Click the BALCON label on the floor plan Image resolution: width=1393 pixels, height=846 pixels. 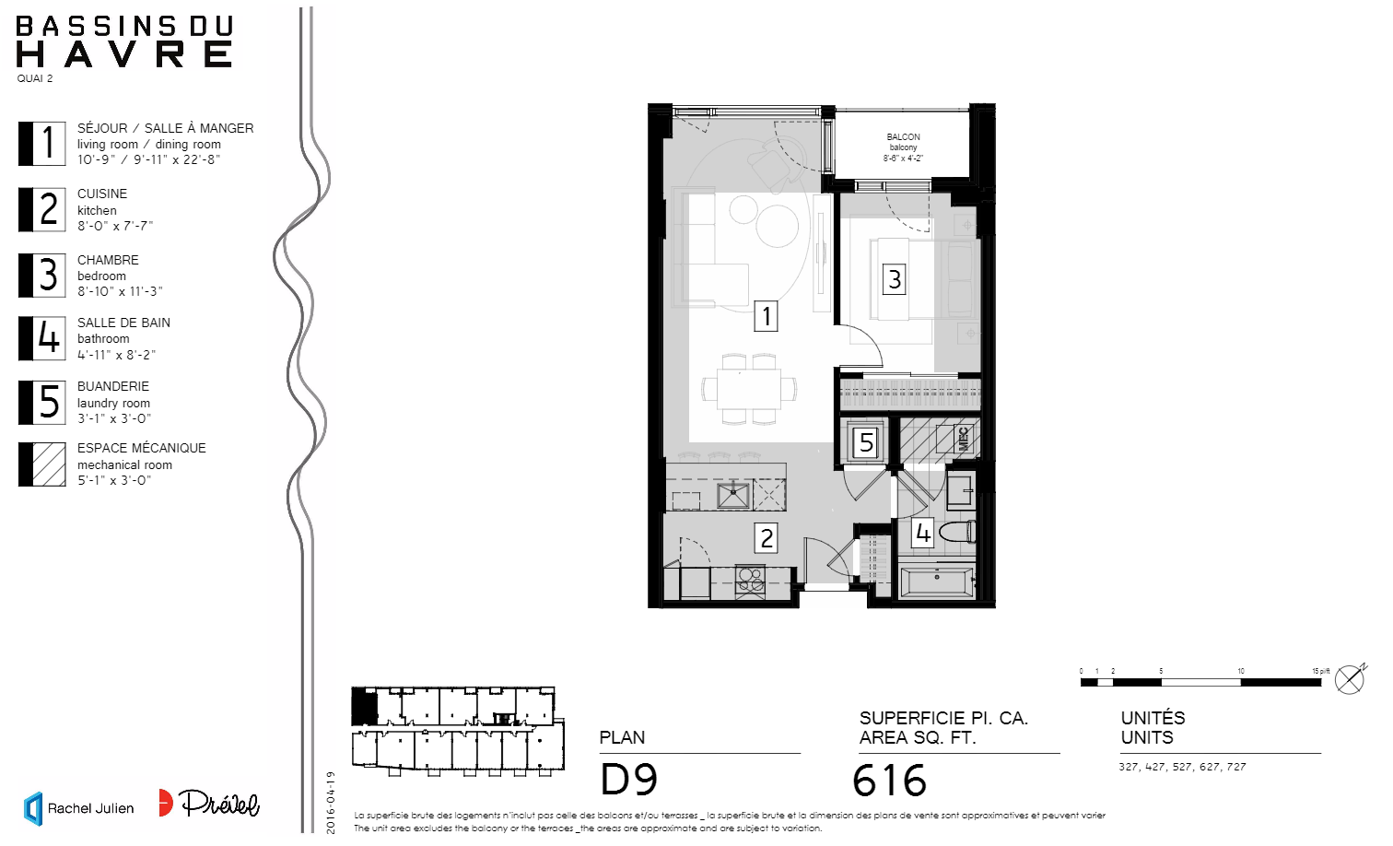coord(903,137)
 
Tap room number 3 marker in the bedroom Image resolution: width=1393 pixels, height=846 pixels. coord(894,278)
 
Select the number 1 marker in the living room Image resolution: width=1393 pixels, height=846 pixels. coord(766,316)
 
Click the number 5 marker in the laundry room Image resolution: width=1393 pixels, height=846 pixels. coord(866,442)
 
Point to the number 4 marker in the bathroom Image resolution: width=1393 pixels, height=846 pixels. coord(922,533)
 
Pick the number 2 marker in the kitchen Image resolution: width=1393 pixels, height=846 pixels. coord(766,537)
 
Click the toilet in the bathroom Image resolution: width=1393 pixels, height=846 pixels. coord(958,532)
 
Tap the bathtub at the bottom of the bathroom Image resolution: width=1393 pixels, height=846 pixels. coord(936,582)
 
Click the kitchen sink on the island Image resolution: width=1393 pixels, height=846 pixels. coord(733,495)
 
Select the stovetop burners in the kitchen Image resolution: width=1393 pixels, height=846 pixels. coord(750,580)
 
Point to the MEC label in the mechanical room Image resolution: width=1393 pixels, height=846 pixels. coord(964,439)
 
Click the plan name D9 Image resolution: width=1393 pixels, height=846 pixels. coord(629,780)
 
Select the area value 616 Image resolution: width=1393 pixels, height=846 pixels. coord(889,781)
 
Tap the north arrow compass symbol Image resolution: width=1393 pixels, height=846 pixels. coord(1350,679)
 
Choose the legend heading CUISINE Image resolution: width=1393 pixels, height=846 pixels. coord(102,194)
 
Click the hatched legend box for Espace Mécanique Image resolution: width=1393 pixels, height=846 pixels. coord(42,464)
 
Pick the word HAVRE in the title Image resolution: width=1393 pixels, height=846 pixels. coord(124,55)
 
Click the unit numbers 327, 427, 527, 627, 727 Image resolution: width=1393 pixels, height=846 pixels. coord(1182,767)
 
